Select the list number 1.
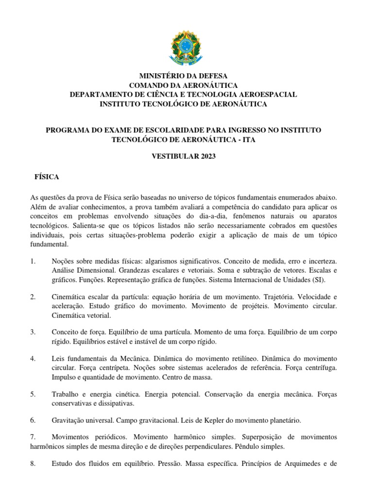point(32,262)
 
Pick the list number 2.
point(32,297)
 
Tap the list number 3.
point(32,332)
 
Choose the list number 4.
point(32,359)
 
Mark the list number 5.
point(32,394)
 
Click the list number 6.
point(32,420)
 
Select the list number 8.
point(32,464)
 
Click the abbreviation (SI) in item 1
point(318,280)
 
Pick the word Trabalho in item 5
point(66,394)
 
